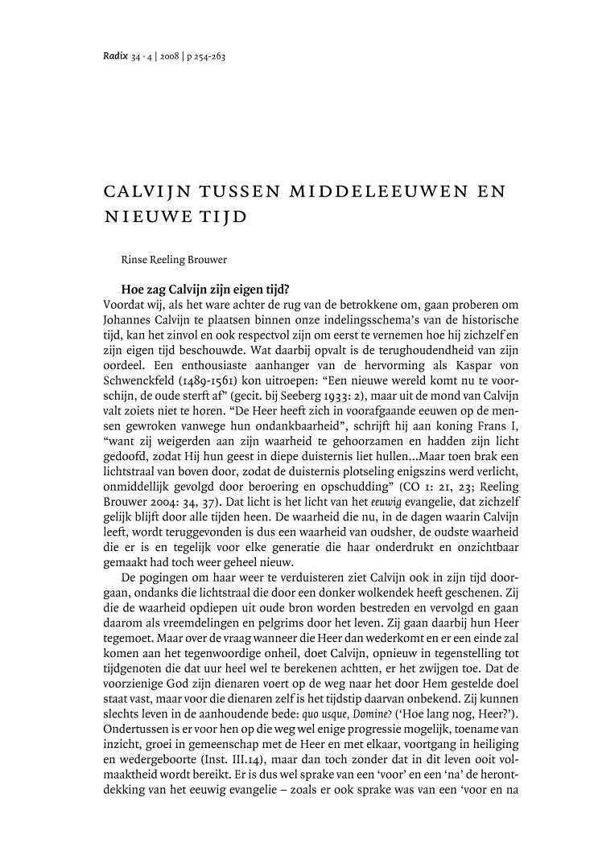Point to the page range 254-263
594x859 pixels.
[213, 56]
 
